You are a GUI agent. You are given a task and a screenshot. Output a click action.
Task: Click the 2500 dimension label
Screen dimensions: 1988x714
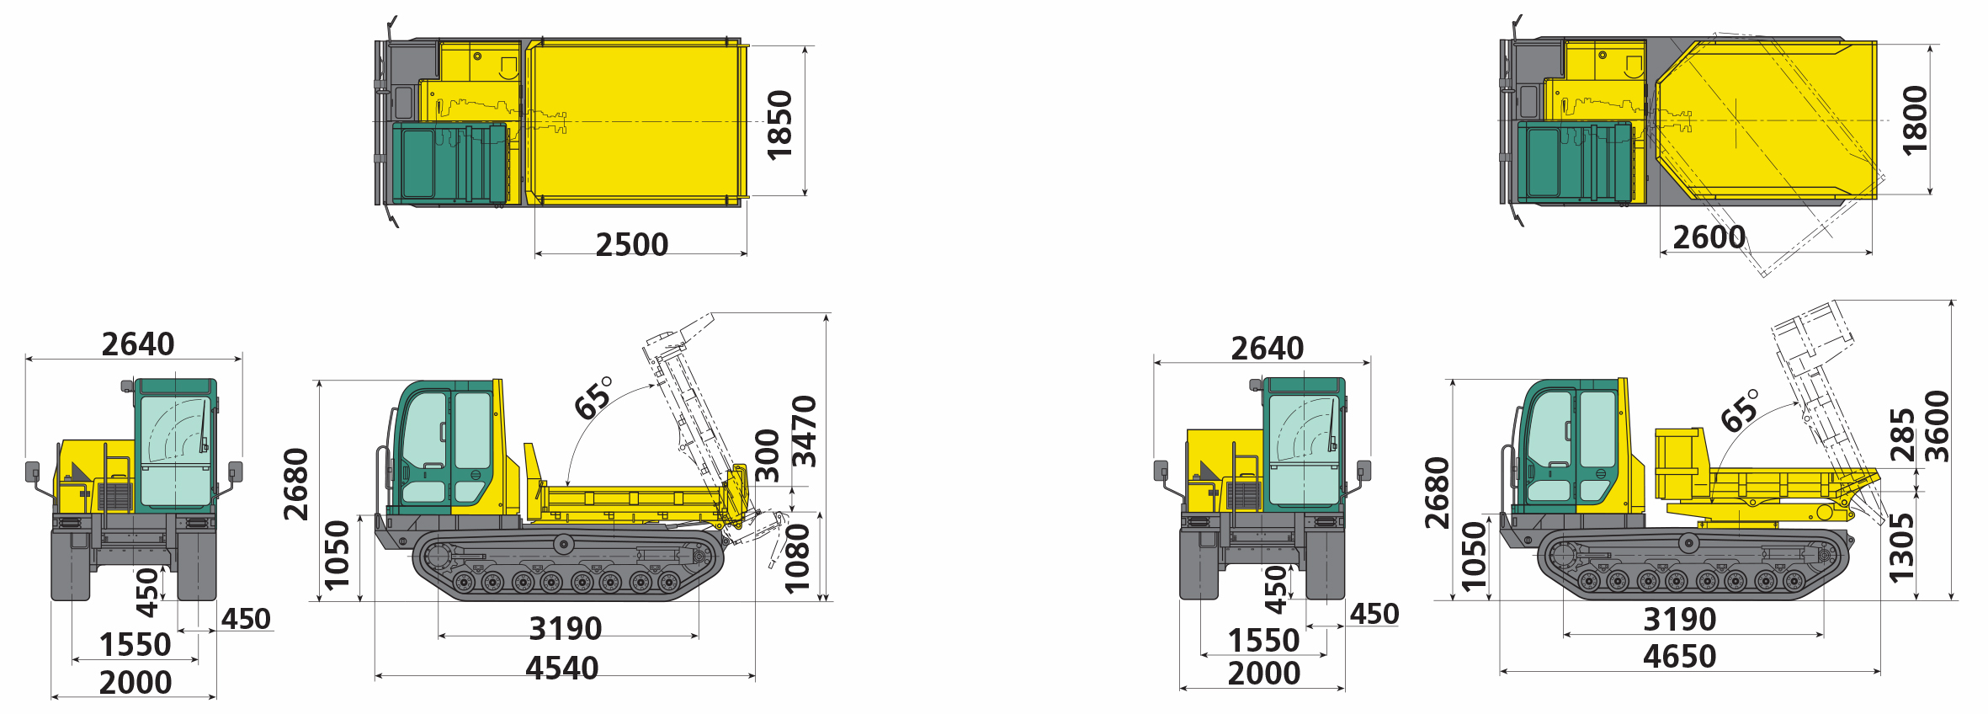click(631, 245)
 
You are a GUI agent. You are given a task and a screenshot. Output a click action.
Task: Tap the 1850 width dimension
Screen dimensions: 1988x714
click(780, 125)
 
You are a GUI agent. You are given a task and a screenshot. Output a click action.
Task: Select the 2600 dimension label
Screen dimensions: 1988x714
click(1709, 237)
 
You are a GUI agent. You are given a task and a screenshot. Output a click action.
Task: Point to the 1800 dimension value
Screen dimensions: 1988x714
click(1915, 120)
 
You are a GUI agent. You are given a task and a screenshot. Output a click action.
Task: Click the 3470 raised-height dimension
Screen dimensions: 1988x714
click(805, 431)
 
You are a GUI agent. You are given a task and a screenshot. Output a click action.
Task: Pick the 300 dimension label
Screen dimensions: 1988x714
click(768, 456)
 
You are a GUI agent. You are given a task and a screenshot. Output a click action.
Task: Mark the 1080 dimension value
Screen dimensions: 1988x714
click(796, 559)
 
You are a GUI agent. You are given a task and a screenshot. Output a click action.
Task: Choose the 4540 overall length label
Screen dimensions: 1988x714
click(562, 669)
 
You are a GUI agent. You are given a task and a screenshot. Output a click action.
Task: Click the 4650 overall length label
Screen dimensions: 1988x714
click(1679, 657)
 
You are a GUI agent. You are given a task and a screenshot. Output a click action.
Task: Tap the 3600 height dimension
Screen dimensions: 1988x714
click(1937, 426)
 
